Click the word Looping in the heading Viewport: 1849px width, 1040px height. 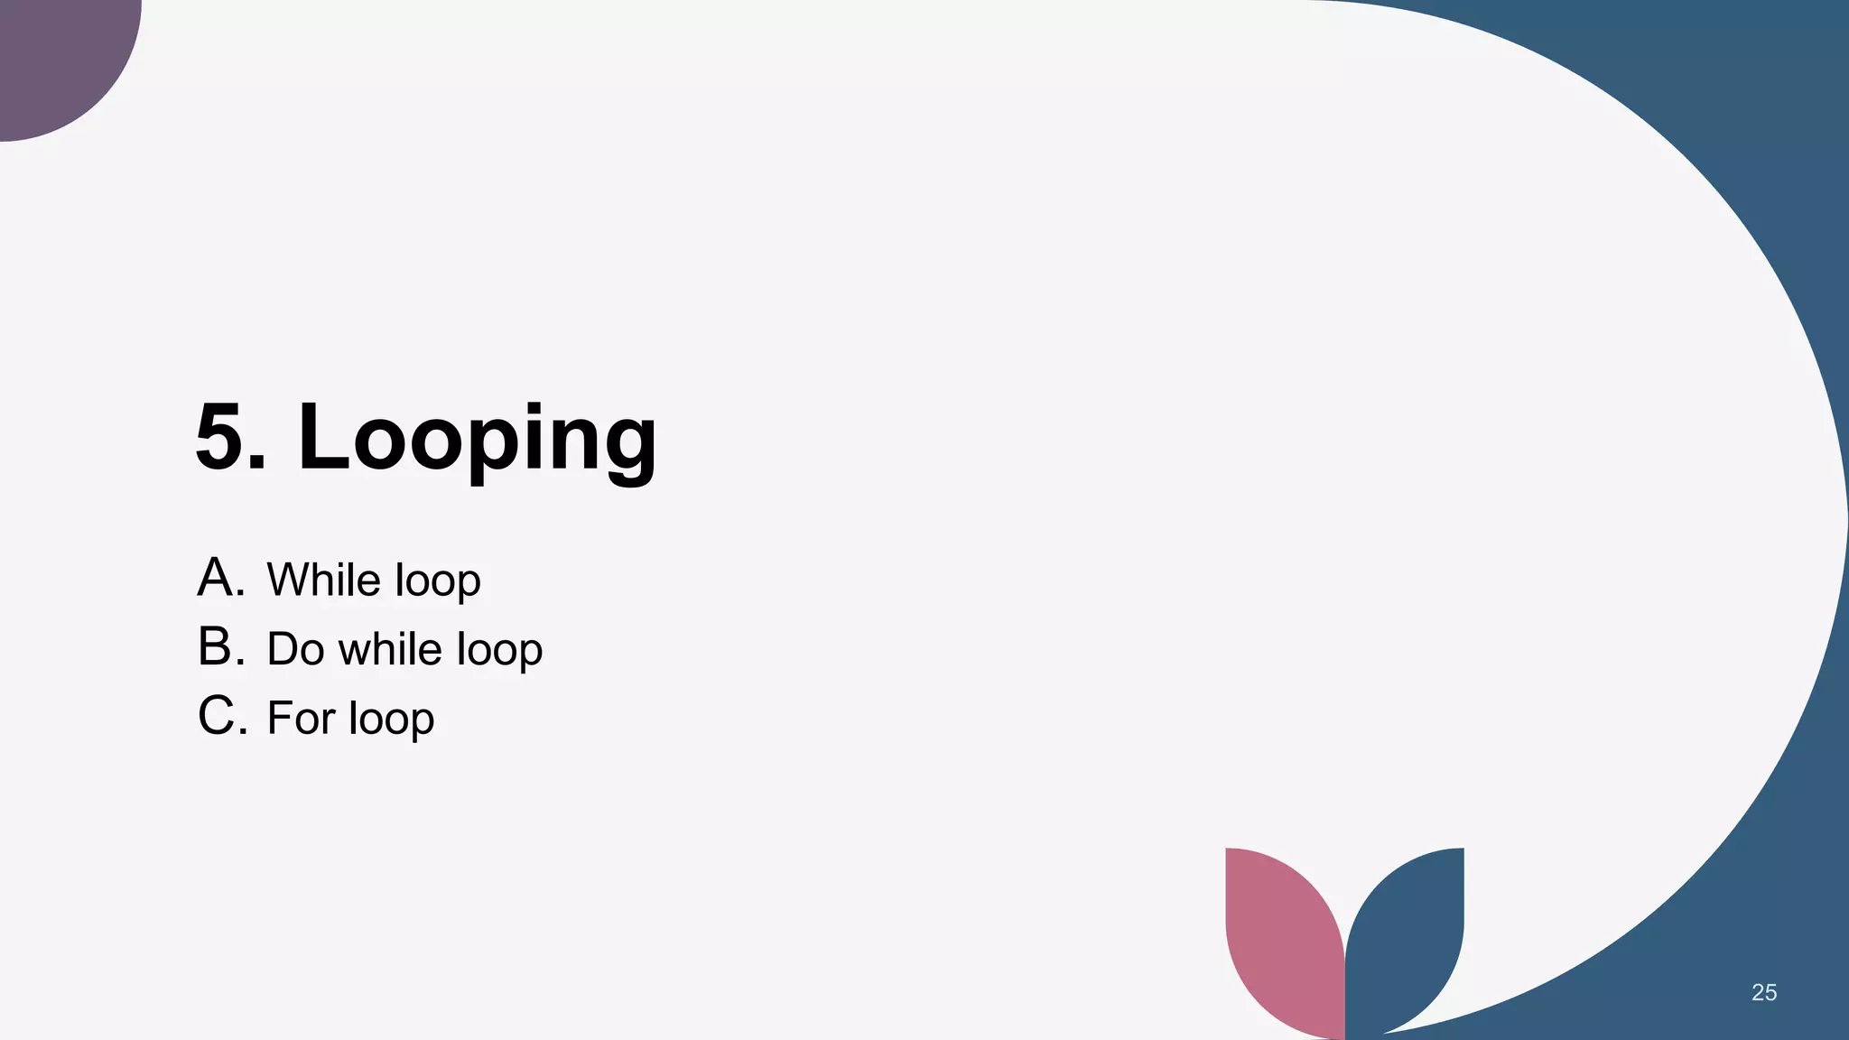click(477, 440)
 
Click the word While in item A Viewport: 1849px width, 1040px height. click(323, 580)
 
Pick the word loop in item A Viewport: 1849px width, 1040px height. click(438, 581)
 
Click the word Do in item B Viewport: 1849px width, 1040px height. click(295, 649)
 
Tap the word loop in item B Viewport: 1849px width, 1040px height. click(499, 651)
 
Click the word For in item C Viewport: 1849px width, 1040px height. click(301, 719)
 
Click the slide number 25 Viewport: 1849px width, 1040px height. click(1764, 993)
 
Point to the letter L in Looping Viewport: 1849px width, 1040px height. click(322, 438)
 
